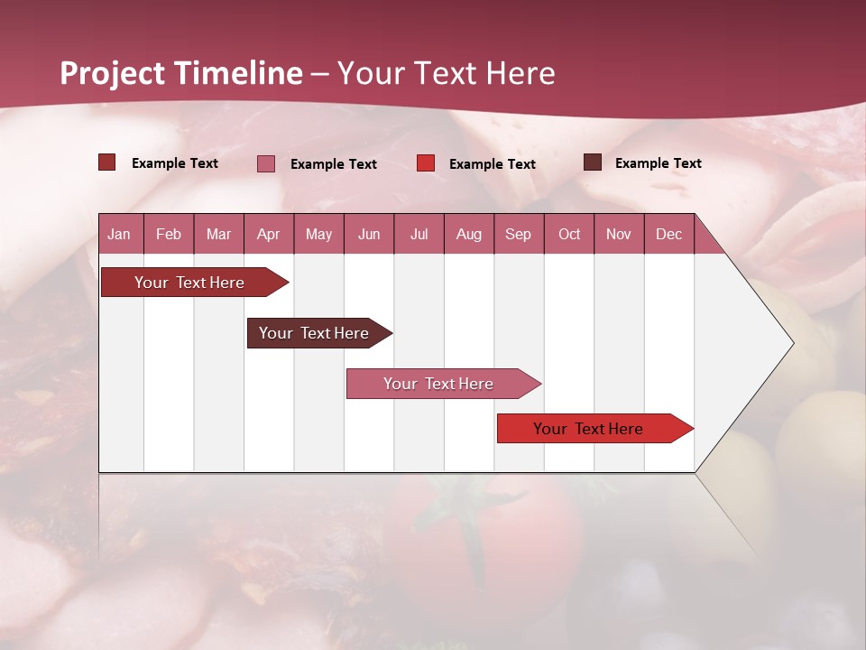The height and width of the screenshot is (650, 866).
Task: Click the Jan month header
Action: (x=119, y=234)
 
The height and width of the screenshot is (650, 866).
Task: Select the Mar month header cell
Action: (x=218, y=234)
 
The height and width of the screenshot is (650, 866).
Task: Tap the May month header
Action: (x=318, y=234)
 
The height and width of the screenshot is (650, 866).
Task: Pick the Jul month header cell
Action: (x=419, y=234)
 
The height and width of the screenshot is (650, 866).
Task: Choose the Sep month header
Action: (x=518, y=234)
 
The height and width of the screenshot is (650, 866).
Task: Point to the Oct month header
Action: (x=569, y=234)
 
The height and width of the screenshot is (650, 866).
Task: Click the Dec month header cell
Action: (x=668, y=234)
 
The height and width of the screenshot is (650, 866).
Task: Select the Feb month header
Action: (x=169, y=234)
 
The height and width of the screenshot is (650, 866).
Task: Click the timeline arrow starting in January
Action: (x=189, y=283)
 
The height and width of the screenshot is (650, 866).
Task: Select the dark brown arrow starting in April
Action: (x=314, y=333)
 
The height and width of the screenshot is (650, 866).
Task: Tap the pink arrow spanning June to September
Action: (x=438, y=384)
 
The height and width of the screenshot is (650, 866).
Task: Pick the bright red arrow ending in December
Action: (x=588, y=429)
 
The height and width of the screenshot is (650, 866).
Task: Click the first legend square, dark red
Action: (x=107, y=162)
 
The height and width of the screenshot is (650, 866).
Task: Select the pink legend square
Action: (x=266, y=163)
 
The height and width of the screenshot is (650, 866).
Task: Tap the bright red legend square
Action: (x=426, y=163)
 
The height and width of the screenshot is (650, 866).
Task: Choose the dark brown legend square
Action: (x=592, y=162)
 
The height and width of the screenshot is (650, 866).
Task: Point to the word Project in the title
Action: (x=113, y=73)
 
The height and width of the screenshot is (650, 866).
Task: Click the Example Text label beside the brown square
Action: (x=658, y=163)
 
